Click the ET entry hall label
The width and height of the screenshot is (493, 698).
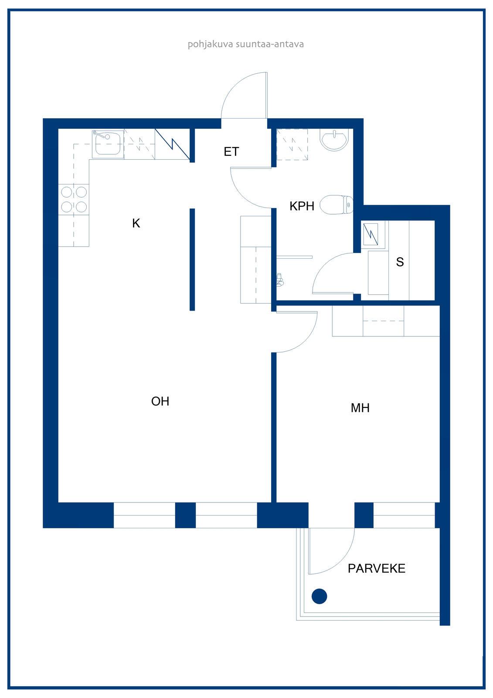(231, 151)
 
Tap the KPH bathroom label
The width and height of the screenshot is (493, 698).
(302, 206)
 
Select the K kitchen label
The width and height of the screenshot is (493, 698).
(136, 223)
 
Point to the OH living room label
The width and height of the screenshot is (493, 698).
(160, 401)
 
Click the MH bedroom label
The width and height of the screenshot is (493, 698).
(360, 408)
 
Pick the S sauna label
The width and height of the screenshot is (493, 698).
(400, 262)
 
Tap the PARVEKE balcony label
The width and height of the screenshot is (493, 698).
(377, 568)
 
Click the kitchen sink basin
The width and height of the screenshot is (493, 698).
(108, 144)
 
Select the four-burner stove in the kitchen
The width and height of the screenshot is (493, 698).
(74, 199)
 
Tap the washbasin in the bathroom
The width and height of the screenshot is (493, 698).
(334, 140)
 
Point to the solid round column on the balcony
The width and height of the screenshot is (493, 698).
(319, 596)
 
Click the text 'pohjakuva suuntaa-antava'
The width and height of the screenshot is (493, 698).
(246, 44)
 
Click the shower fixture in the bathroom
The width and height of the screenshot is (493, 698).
(280, 280)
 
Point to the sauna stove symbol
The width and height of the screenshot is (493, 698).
(371, 234)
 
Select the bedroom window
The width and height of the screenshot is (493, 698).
(404, 515)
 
